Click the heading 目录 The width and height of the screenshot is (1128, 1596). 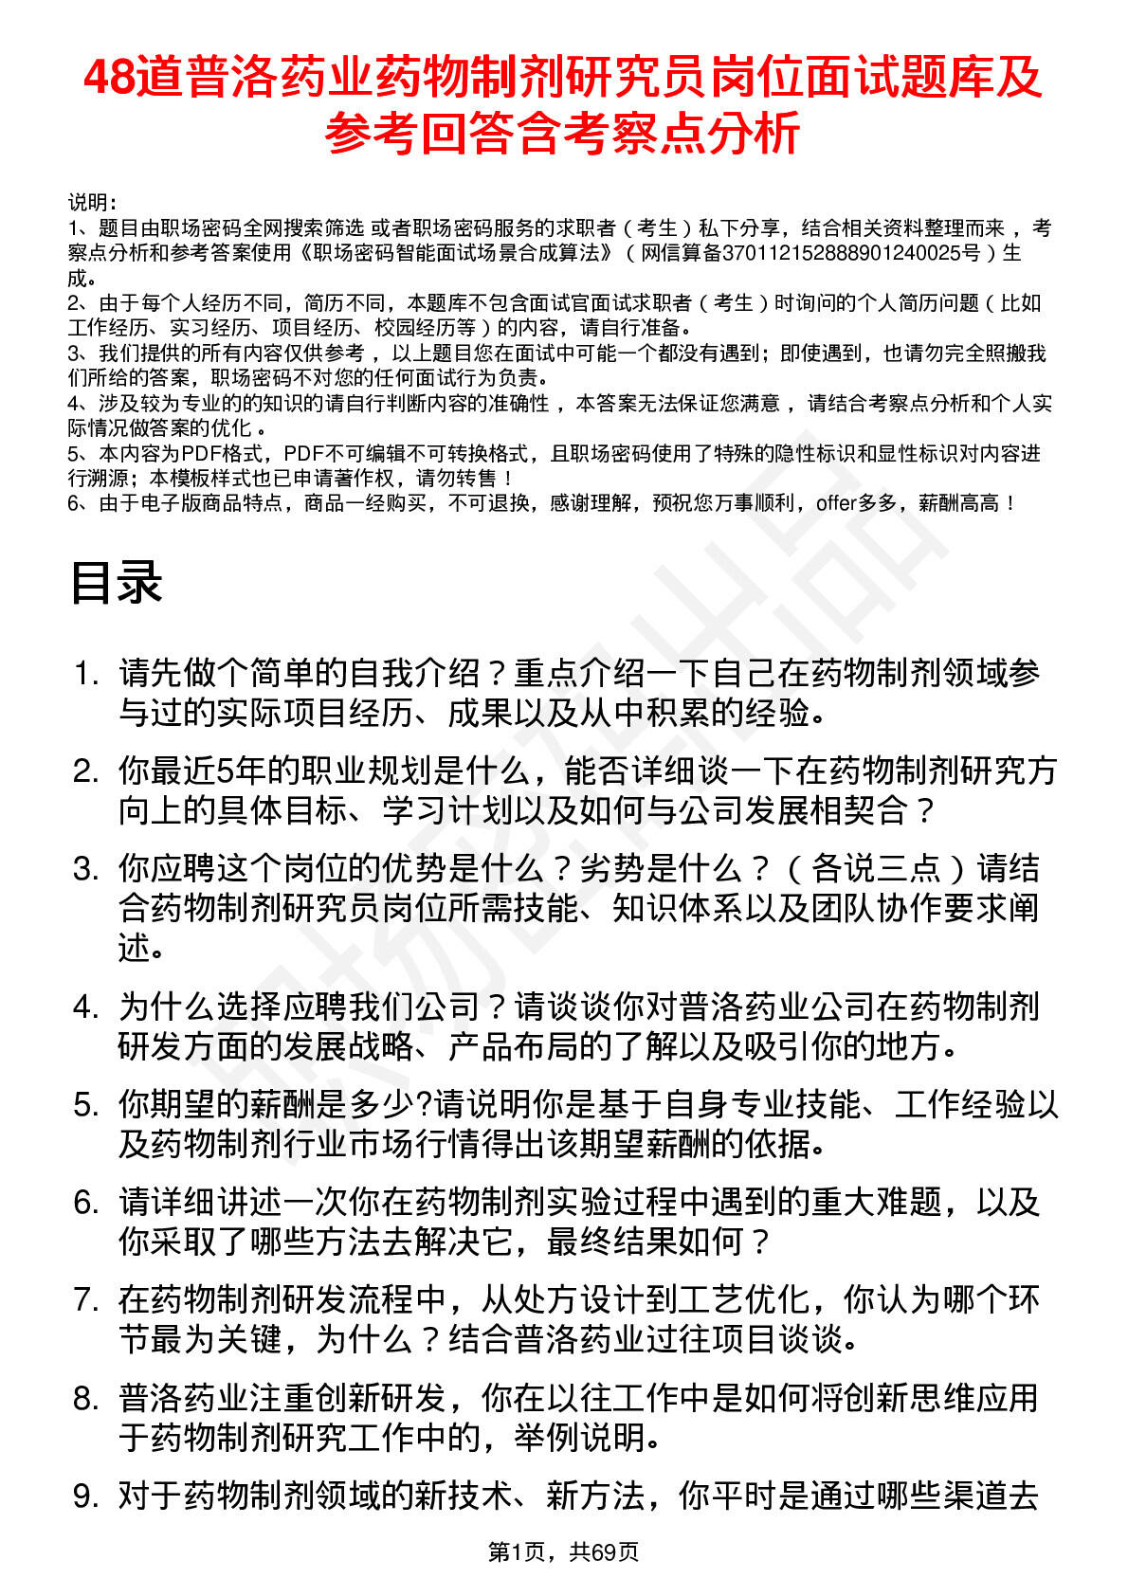click(x=116, y=582)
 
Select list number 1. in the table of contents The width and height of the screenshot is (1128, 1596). click(x=86, y=673)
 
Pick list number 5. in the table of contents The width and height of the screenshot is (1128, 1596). click(x=86, y=1104)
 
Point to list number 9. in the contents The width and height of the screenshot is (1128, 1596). click(x=86, y=1496)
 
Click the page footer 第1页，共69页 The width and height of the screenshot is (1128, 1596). click(x=563, y=1551)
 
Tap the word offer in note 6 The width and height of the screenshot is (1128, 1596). click(x=836, y=503)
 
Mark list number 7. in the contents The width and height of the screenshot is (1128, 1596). click(x=86, y=1299)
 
